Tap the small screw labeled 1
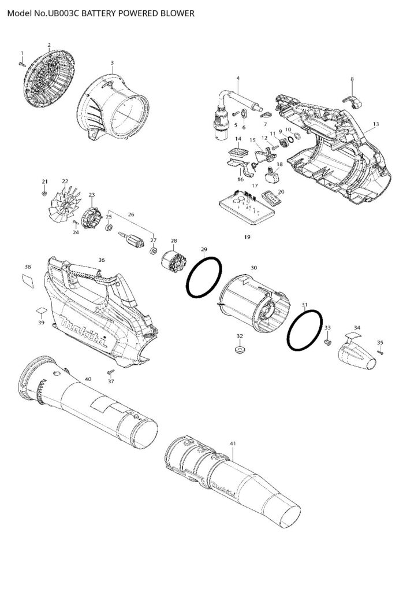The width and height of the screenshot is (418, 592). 23,64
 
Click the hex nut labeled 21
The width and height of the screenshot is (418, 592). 45,194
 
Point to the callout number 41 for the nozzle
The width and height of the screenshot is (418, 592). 233,443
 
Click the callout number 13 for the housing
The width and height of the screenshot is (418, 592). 376,124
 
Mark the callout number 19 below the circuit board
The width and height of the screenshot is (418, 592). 247,237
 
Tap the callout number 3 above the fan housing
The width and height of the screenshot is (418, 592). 111,62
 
